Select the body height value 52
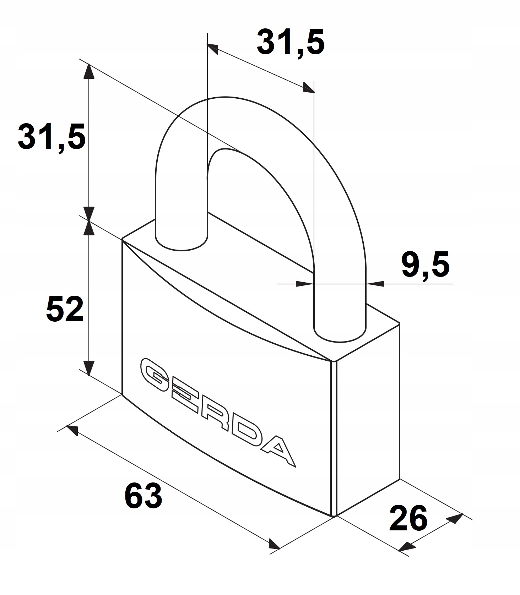point(65,309)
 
